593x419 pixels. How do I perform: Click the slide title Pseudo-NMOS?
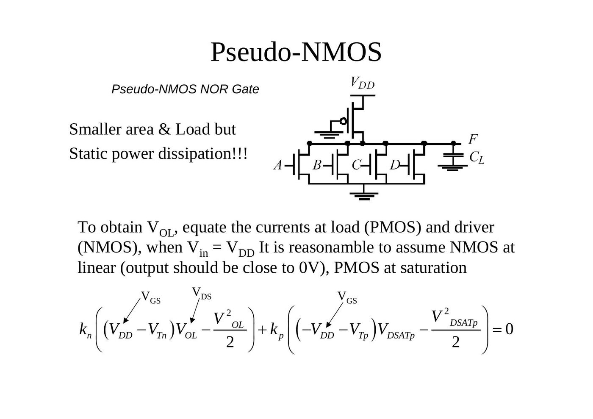click(296, 52)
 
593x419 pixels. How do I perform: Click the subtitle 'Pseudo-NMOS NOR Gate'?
click(185, 89)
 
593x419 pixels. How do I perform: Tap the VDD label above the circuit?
click(363, 83)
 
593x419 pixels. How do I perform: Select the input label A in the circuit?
click(278, 165)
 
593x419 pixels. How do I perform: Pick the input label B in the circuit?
click(317, 165)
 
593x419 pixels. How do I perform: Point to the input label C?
click(356, 165)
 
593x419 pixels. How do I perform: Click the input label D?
click(395, 165)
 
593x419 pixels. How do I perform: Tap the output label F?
click(473, 139)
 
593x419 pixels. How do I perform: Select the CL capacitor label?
click(477, 158)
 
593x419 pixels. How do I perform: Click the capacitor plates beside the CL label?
click(453, 155)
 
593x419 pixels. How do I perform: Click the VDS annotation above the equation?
click(202, 294)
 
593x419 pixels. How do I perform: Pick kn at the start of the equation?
click(86, 330)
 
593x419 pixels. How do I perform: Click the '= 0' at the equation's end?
click(503, 330)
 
